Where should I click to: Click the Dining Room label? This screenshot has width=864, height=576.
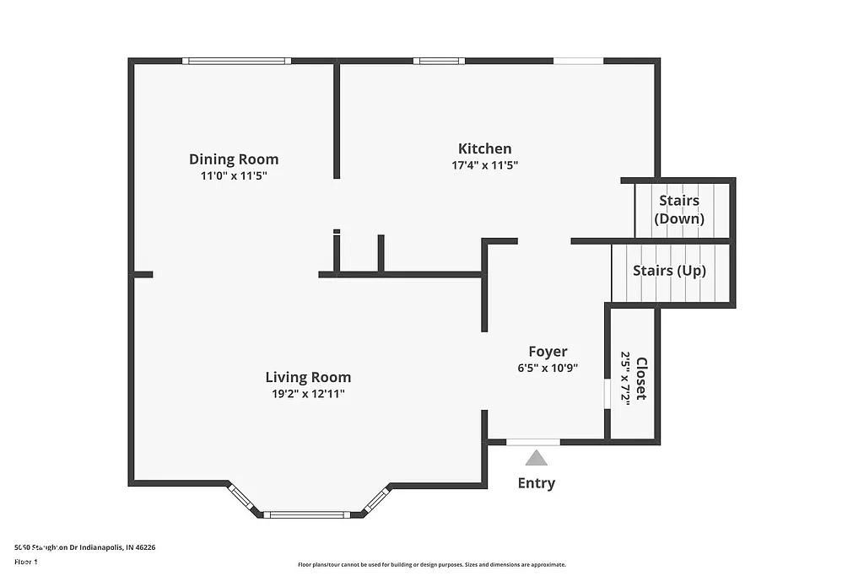234,159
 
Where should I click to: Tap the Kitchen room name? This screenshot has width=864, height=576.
484,148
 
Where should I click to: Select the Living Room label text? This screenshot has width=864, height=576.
308,377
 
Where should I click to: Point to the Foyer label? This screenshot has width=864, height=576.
548,352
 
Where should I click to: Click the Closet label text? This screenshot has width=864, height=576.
641,379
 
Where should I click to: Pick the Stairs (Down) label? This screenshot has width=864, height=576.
679,210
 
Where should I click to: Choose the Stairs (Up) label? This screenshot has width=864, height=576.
669,271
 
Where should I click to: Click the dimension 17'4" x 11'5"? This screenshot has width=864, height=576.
484,166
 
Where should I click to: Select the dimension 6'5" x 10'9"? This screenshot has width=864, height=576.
548,368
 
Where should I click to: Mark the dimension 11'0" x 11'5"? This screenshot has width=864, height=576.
234,176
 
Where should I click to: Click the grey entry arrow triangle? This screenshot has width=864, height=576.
536,458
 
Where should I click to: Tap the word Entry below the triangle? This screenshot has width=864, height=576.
536,483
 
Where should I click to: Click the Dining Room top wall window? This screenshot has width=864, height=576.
236,61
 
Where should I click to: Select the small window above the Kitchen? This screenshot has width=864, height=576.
439,61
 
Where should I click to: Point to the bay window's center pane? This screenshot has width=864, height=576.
305,514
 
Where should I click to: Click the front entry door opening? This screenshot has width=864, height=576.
533,442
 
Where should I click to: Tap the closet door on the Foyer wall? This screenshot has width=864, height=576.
607,395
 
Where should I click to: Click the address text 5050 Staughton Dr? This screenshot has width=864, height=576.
84,547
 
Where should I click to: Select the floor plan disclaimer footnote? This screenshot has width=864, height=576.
431,565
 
